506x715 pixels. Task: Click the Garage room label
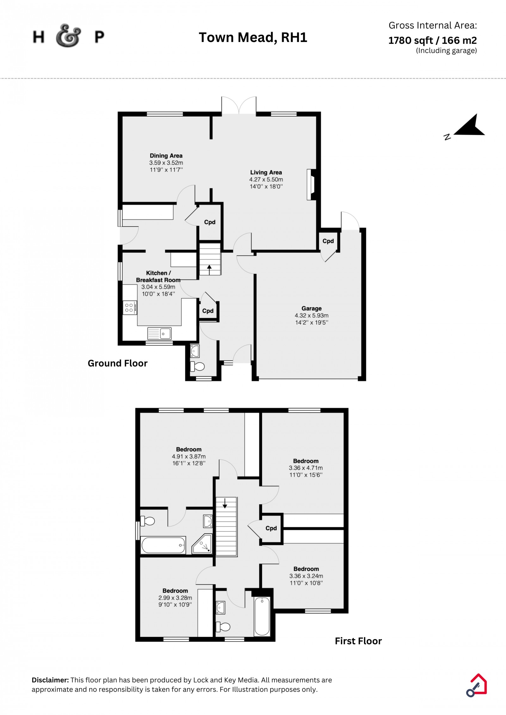[x=312, y=308]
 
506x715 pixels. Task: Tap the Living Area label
[x=266, y=173]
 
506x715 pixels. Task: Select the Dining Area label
[x=166, y=156]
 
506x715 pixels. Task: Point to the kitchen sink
[x=159, y=333]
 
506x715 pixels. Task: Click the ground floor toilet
[x=197, y=367]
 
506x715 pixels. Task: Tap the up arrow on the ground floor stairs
[x=209, y=270]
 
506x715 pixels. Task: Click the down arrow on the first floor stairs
[x=225, y=503]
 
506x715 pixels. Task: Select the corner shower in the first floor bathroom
[x=202, y=544]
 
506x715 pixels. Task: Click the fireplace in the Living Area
[x=311, y=185]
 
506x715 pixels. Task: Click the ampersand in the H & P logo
[x=68, y=36]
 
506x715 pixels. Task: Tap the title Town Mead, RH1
[x=253, y=37]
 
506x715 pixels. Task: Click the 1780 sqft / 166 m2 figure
[x=432, y=40]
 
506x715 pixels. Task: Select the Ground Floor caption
[x=118, y=363]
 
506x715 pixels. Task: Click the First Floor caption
[x=358, y=641]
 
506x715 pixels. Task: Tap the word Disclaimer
[x=50, y=680]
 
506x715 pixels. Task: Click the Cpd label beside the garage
[x=328, y=241]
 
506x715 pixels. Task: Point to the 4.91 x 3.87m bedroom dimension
[x=189, y=457]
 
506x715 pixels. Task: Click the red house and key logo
[x=477, y=685]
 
